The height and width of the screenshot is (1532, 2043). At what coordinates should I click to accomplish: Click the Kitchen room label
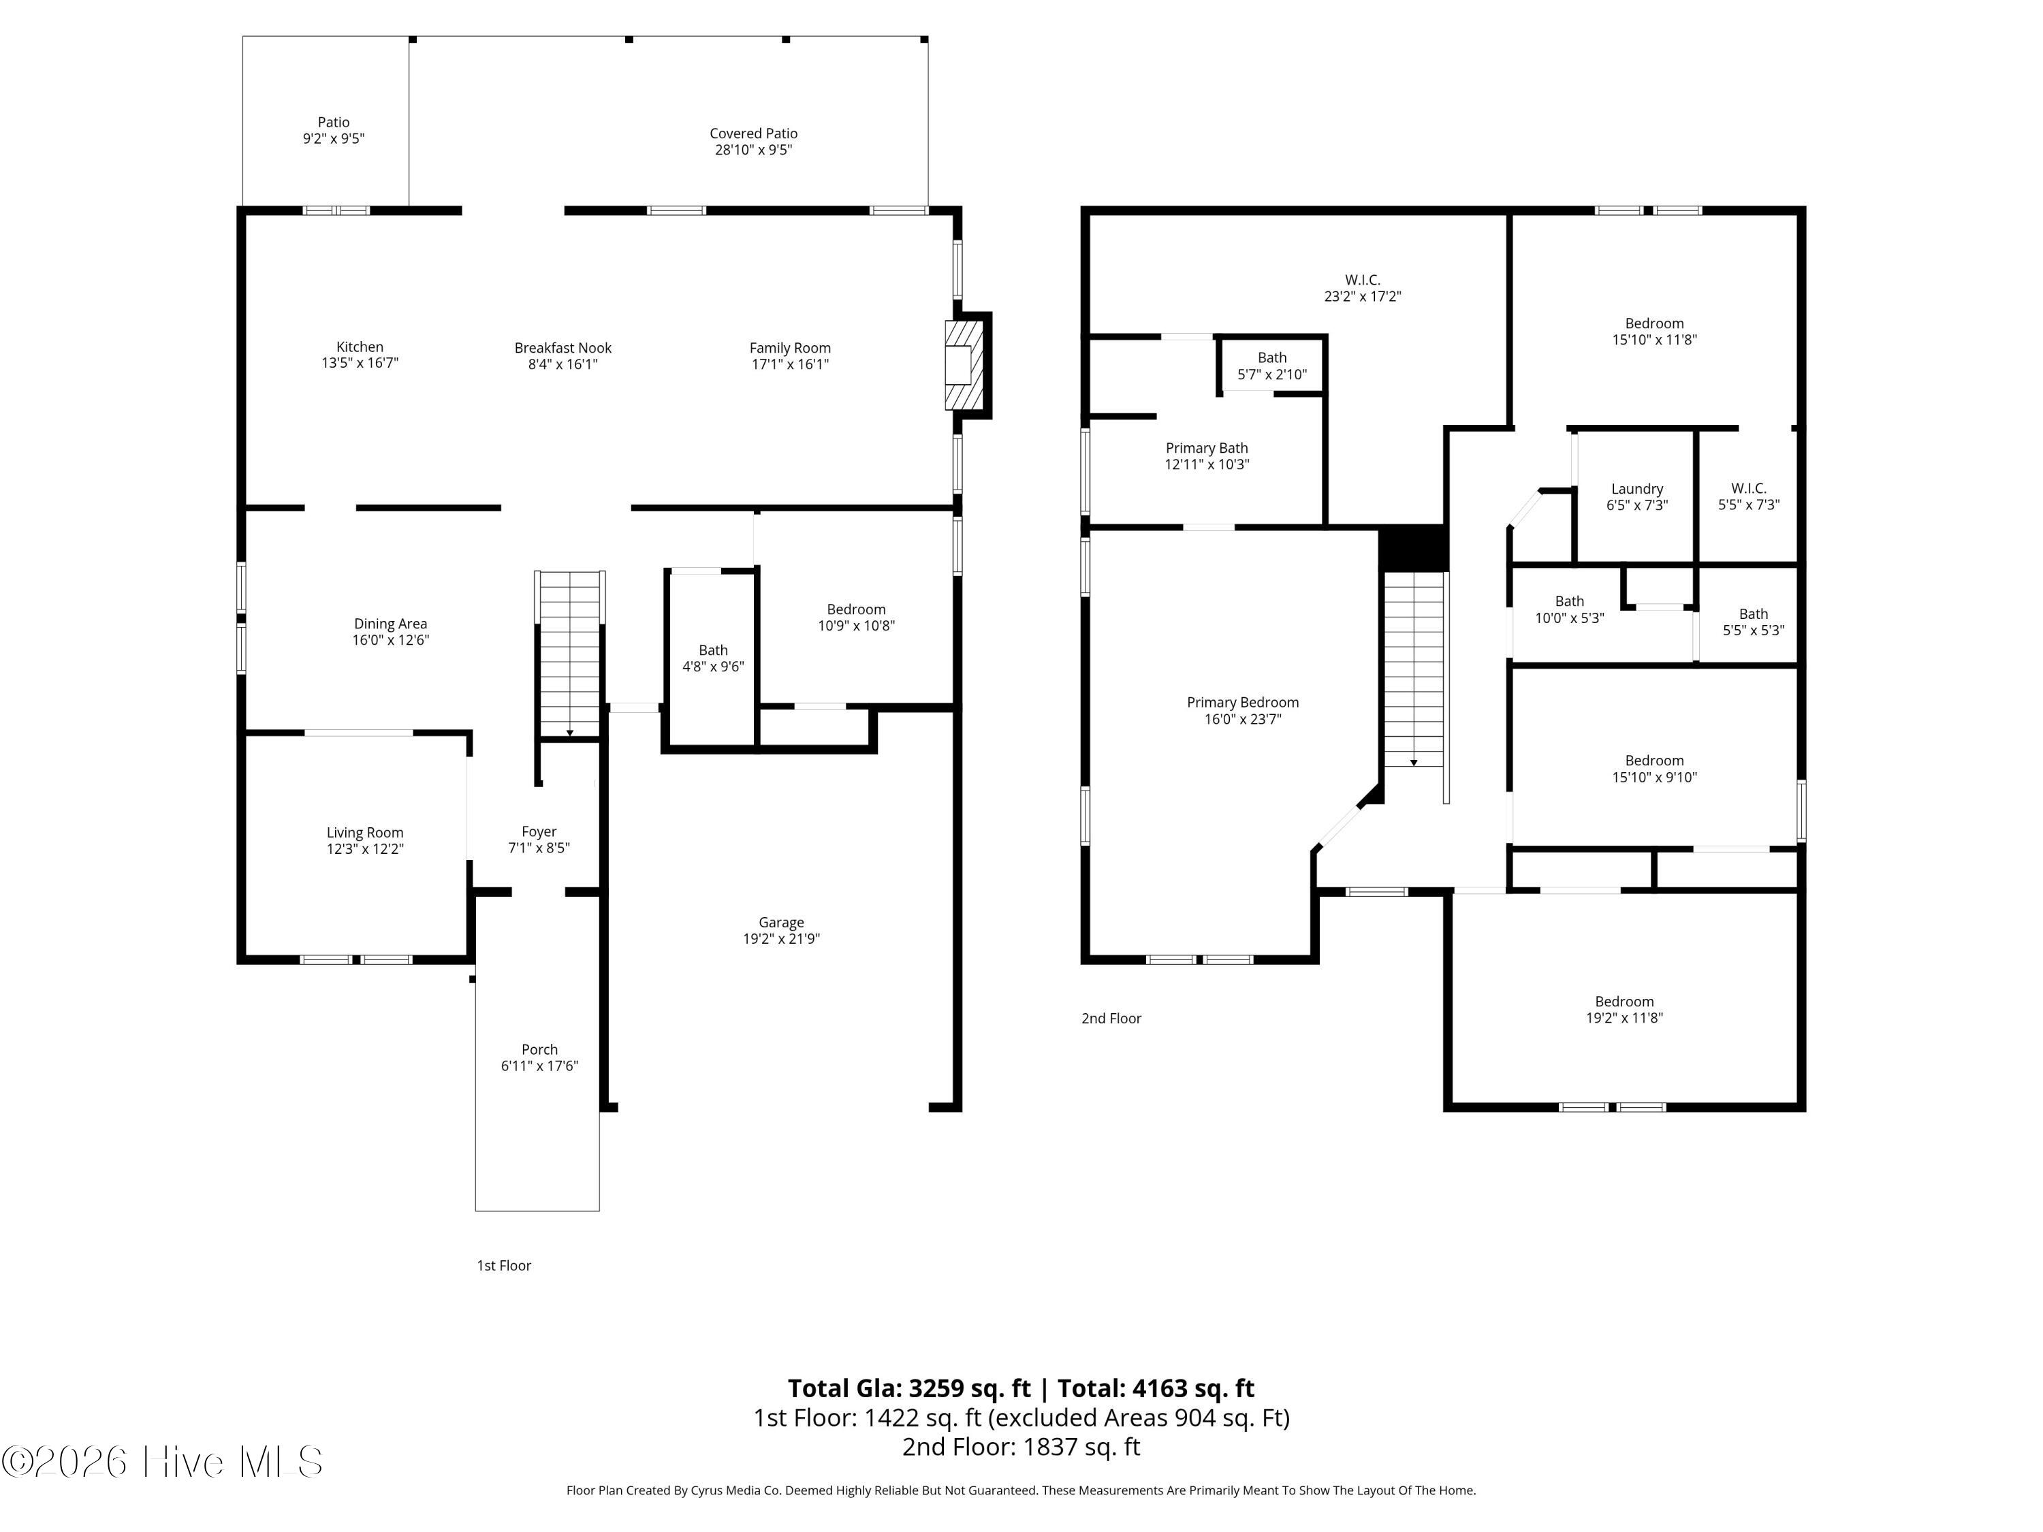tap(360, 347)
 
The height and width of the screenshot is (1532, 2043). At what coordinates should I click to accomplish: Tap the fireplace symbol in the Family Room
tap(959, 365)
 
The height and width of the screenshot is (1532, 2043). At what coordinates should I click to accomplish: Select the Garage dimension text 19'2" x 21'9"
tap(781, 938)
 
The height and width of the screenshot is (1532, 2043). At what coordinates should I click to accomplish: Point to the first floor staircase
tap(570, 654)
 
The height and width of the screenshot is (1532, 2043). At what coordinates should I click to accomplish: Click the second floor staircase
tap(1414, 669)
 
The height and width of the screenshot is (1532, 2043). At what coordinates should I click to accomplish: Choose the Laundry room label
tap(1638, 488)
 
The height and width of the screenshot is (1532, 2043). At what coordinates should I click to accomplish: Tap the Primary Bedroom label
tap(1243, 702)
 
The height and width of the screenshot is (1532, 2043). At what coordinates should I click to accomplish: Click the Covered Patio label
tap(754, 133)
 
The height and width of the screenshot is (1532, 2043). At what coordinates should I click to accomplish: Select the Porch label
tap(539, 1049)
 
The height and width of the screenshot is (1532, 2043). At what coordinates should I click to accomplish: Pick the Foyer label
tap(539, 831)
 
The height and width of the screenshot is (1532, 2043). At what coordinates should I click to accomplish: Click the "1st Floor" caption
tap(505, 1265)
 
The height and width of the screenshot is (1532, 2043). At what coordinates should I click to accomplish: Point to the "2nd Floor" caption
tap(1111, 1018)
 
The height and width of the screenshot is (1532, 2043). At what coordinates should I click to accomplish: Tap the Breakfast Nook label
tap(563, 347)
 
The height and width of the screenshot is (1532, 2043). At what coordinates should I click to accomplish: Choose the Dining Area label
tap(391, 623)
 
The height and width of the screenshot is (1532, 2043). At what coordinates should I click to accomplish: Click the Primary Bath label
tap(1207, 448)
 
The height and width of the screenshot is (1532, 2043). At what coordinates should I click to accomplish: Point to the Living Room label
tap(365, 832)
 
